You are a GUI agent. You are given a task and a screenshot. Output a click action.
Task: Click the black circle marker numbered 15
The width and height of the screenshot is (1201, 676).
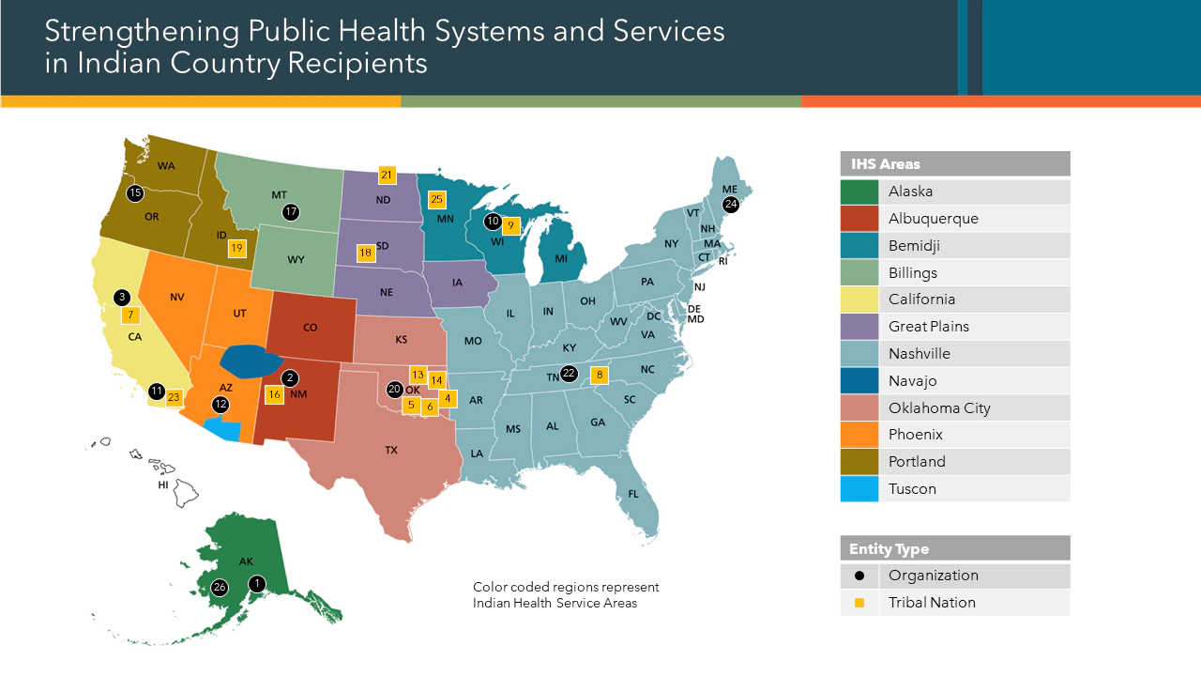pos(135,193)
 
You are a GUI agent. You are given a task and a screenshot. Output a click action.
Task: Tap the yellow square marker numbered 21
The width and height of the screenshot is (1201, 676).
pos(387,175)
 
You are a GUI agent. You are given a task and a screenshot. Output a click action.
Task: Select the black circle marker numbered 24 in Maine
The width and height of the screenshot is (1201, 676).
pos(731,204)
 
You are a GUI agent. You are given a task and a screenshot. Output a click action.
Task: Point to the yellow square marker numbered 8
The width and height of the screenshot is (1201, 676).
pos(600,376)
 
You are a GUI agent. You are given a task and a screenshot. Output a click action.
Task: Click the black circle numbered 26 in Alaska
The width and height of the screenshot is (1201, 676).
pos(220,588)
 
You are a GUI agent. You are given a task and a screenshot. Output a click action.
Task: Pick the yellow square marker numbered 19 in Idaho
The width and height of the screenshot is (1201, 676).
pos(236,249)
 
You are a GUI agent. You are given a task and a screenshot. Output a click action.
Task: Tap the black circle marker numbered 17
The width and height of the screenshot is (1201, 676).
pos(291,212)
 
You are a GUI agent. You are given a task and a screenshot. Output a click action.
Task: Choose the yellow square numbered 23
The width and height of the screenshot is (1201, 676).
pos(174,397)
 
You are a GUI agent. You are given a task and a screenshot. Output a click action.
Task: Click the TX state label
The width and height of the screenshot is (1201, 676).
pos(391,451)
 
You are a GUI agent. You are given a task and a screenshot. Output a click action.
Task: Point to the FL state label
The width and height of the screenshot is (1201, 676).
pos(633,494)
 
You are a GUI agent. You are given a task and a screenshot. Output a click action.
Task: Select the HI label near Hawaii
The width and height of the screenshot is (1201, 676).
pos(163,485)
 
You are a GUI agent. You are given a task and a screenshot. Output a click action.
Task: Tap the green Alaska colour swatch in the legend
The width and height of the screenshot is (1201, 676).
pos(859,192)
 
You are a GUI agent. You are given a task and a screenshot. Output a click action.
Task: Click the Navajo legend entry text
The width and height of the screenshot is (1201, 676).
pos(912,381)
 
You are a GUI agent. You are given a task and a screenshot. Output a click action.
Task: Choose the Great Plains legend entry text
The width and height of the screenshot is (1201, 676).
pos(929,327)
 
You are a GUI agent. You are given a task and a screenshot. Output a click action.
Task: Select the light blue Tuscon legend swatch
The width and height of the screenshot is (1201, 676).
pos(859,489)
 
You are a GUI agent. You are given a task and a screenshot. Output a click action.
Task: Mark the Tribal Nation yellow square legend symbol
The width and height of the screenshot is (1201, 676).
pos(859,603)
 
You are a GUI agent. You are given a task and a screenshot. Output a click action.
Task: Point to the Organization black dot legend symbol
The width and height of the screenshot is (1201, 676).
pos(859,576)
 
